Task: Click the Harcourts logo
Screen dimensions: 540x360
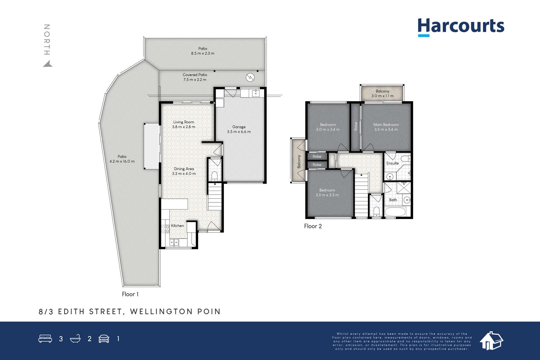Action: (x=461, y=27)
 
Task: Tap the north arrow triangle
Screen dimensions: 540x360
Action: (x=48, y=64)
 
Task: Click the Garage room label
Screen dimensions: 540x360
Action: (x=239, y=129)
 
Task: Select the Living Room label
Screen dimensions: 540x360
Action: (x=184, y=124)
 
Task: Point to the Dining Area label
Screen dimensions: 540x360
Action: (x=184, y=171)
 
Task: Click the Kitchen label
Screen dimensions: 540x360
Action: (x=178, y=226)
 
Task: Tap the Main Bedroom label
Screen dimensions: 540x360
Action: (x=386, y=127)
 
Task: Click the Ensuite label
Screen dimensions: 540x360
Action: (x=393, y=163)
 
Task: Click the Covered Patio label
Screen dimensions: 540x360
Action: (x=195, y=77)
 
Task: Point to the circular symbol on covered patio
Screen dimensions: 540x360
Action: (x=250, y=78)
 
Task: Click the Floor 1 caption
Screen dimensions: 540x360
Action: (x=130, y=294)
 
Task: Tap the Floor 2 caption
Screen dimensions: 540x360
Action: (x=313, y=226)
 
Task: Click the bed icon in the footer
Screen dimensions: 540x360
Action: (x=45, y=338)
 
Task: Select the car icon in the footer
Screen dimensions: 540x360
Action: (x=104, y=339)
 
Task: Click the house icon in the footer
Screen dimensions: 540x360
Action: (x=491, y=341)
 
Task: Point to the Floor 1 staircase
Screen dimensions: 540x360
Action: (x=215, y=196)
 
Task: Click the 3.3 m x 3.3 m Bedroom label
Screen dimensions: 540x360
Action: (x=327, y=193)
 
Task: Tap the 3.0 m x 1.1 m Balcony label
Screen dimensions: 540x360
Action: (x=382, y=93)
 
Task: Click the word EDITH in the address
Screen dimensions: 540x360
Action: (x=71, y=311)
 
